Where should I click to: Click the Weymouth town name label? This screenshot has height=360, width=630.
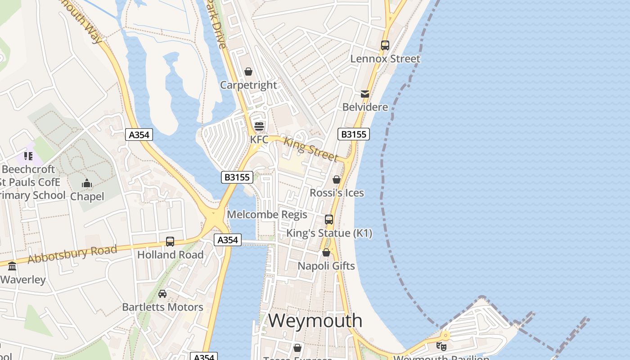click(x=315, y=320)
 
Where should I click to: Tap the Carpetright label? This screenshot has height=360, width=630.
click(x=248, y=85)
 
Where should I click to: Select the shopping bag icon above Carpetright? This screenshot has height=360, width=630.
click(x=248, y=72)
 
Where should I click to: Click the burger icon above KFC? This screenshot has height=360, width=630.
click(x=259, y=126)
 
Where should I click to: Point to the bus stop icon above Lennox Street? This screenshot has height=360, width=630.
click(x=385, y=45)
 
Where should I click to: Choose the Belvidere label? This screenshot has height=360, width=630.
click(x=365, y=107)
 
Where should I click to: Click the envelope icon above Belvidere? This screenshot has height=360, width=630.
click(x=365, y=94)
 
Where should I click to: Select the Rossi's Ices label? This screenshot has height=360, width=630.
click(x=337, y=193)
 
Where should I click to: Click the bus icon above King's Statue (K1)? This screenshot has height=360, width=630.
click(x=329, y=220)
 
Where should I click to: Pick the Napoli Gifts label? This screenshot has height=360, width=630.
click(x=326, y=266)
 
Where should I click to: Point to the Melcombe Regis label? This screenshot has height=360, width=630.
click(x=267, y=215)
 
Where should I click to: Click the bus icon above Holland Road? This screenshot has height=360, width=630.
click(x=170, y=242)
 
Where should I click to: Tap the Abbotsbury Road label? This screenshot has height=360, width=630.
click(x=72, y=254)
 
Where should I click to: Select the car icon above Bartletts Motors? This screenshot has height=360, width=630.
click(x=162, y=294)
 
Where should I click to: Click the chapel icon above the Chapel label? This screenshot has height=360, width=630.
click(x=87, y=183)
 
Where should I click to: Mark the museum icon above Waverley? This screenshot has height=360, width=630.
click(x=12, y=266)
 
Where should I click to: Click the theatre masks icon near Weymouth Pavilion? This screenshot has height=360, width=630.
click(x=441, y=346)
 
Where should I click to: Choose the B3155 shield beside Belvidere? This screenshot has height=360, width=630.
click(x=353, y=134)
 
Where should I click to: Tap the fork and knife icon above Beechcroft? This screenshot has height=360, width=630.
click(x=28, y=156)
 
